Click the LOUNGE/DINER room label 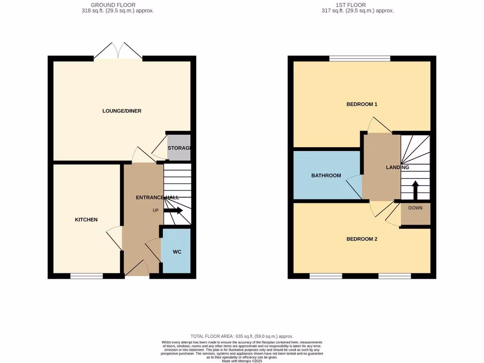(x=122, y=111)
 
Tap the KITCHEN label (x=86, y=220)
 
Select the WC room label (x=177, y=252)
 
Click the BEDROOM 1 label (x=362, y=104)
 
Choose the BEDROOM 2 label (x=362, y=239)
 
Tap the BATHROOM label (x=326, y=176)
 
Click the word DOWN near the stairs (x=415, y=207)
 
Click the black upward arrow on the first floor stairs (x=415, y=190)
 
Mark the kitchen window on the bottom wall (x=86, y=276)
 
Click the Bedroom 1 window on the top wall (x=360, y=59)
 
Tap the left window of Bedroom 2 (x=326, y=276)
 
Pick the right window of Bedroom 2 (x=394, y=276)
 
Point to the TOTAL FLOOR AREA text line (x=242, y=335)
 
